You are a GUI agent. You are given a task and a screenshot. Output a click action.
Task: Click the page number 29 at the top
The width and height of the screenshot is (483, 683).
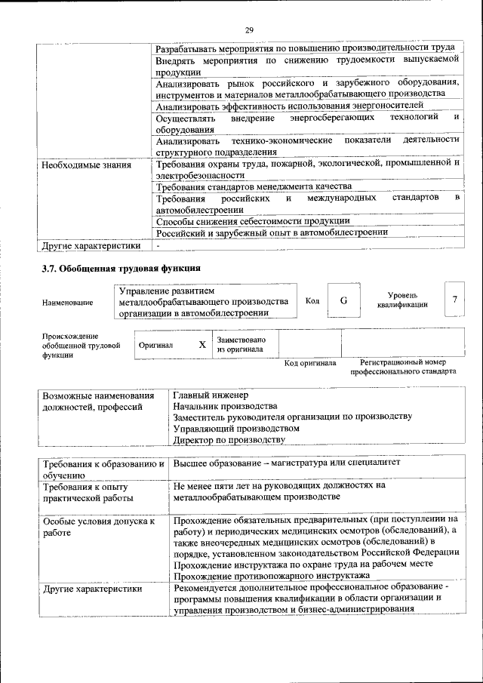248,29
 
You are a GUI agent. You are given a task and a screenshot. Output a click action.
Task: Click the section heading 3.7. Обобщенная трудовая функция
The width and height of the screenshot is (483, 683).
120,269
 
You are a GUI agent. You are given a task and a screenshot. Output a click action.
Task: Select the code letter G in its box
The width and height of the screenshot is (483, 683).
343,300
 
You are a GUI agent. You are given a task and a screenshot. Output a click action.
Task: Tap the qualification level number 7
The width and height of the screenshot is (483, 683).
454,300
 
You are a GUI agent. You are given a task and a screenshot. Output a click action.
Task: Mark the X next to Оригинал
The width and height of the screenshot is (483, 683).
202,345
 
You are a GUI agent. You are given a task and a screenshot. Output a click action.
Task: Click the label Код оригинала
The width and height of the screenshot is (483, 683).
309,363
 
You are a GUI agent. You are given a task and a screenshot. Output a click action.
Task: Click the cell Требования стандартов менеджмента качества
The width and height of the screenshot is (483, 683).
253,186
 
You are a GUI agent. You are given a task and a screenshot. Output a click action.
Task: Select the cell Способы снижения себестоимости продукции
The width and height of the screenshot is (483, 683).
252,221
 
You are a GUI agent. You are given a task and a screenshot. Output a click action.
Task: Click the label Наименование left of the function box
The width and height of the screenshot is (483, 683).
68,303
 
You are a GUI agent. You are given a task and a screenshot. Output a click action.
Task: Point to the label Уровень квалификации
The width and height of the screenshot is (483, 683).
402,300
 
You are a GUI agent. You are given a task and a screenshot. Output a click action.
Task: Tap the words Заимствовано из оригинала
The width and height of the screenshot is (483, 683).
240,345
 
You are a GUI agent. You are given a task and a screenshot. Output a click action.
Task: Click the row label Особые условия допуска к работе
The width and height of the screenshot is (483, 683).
98,527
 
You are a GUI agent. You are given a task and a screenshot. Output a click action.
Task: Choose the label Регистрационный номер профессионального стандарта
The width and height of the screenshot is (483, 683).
402,368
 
